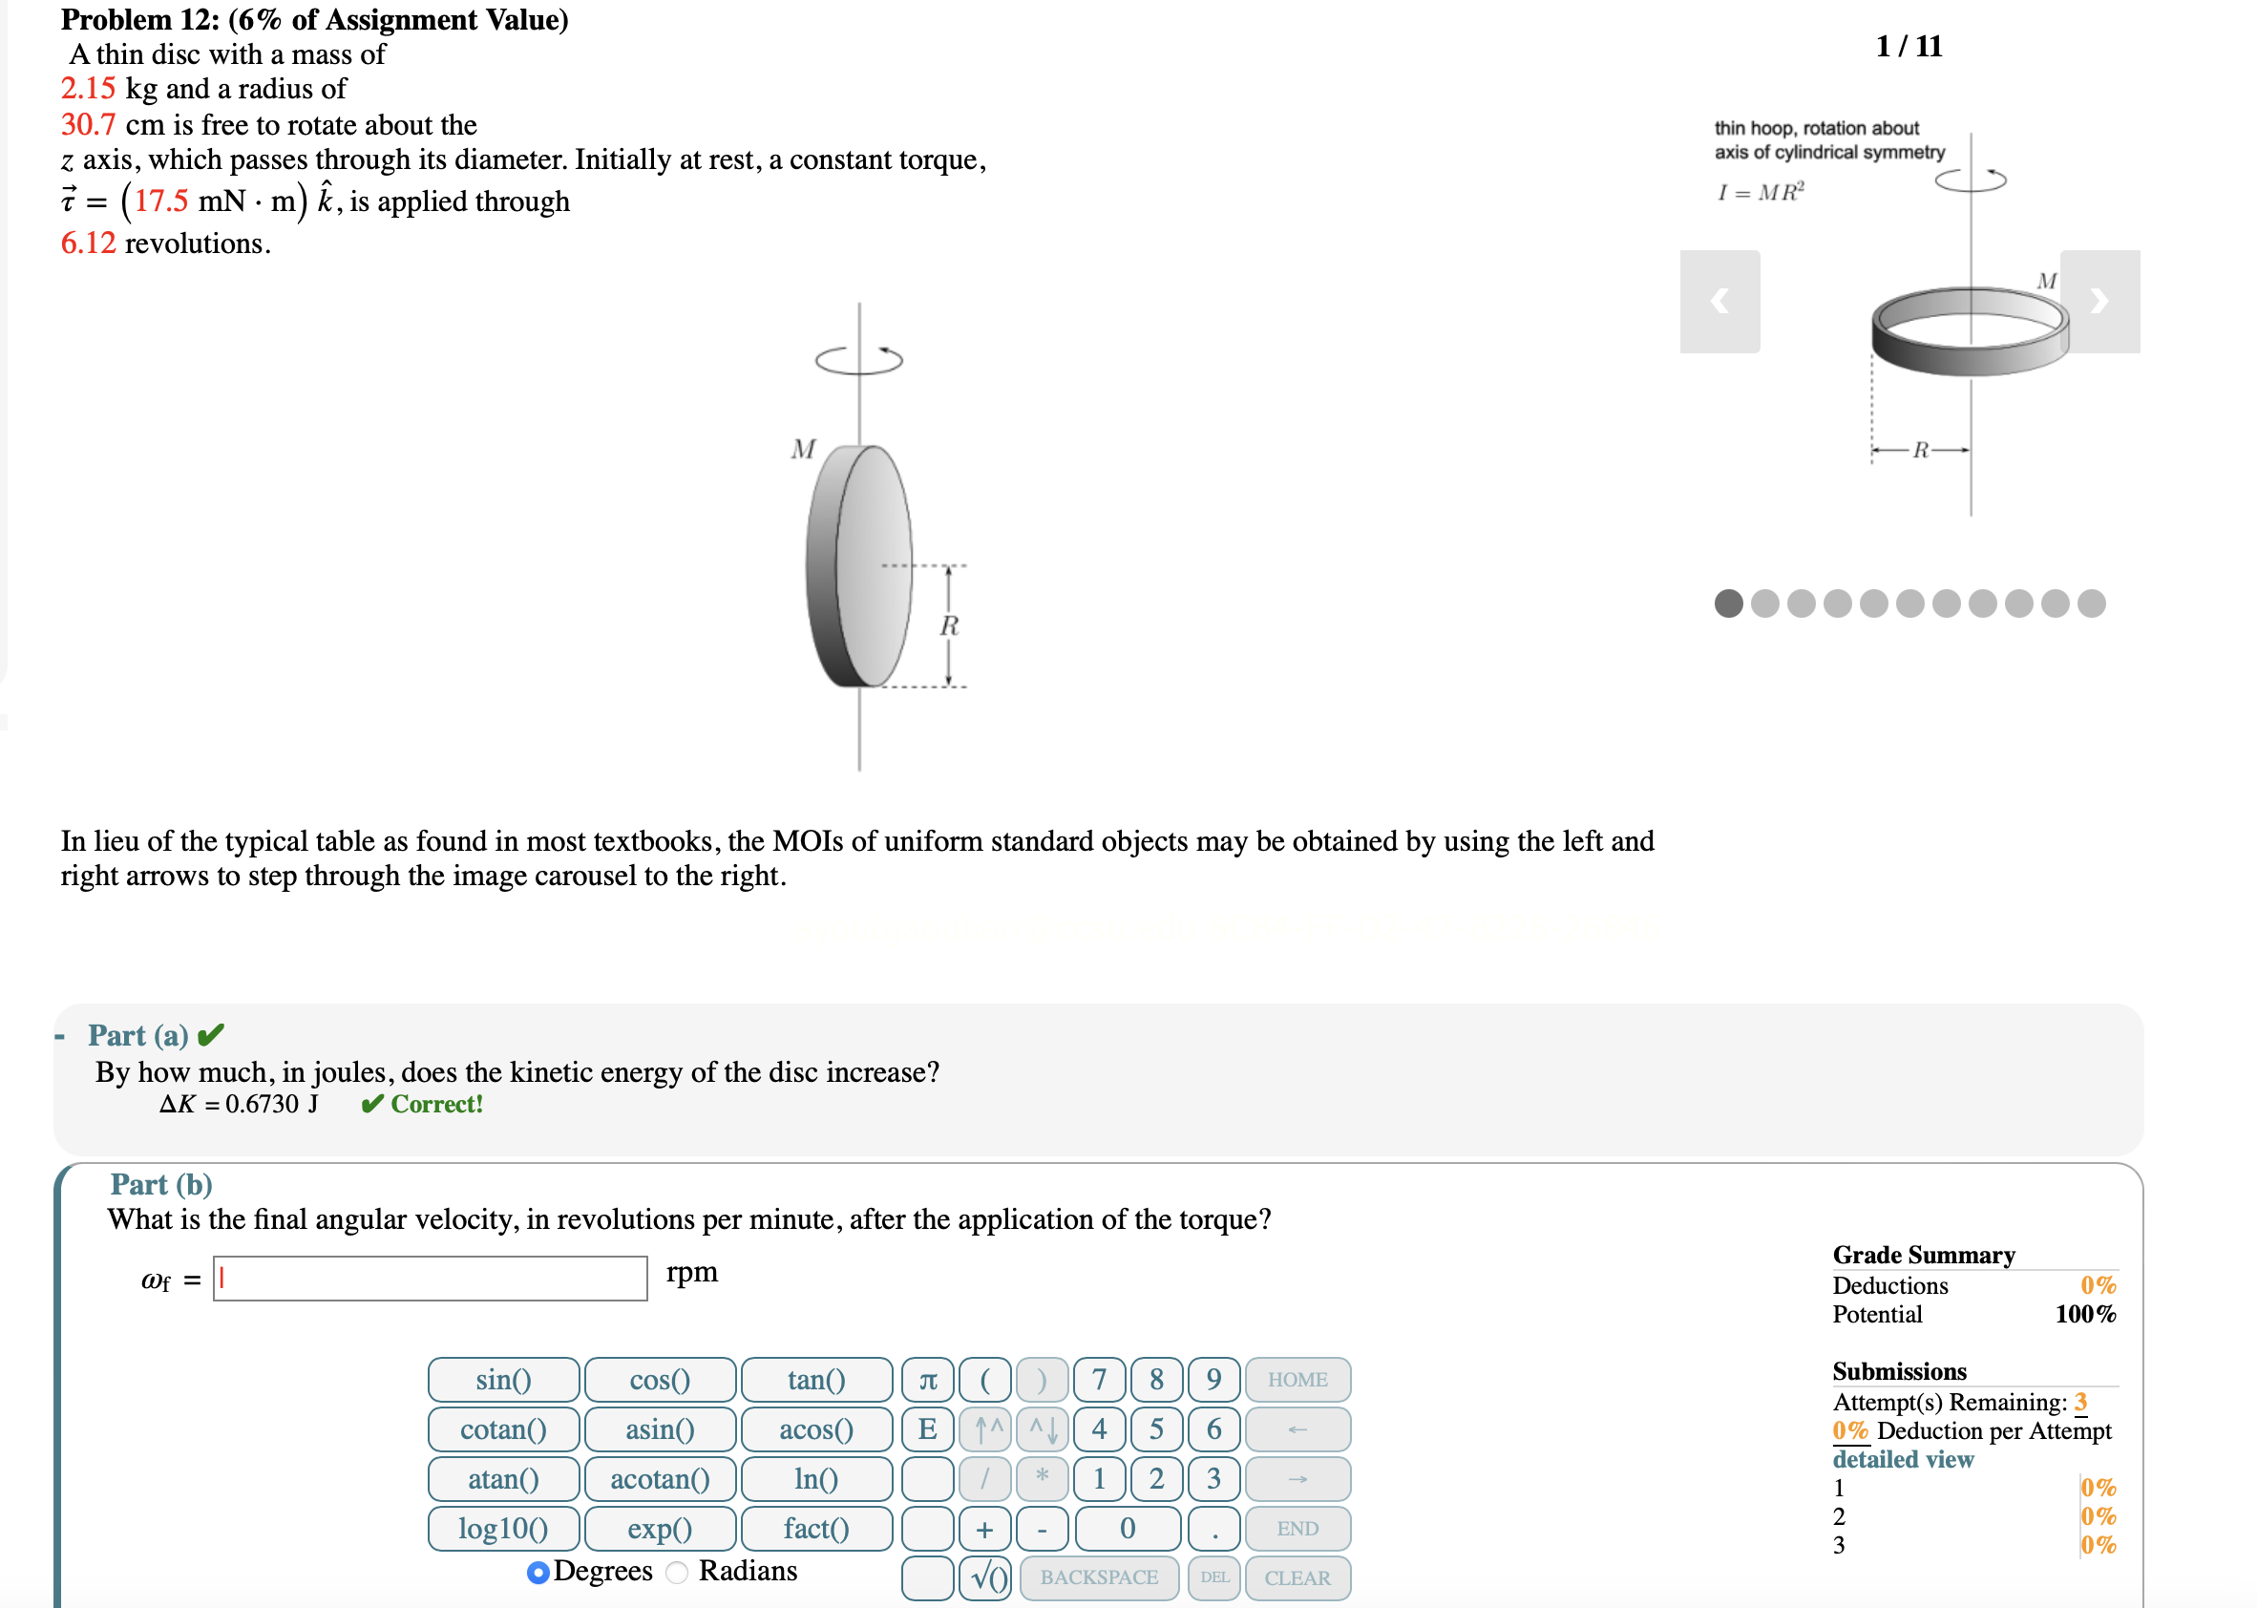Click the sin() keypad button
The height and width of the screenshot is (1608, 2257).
pos(503,1379)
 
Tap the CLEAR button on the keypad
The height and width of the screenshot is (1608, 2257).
pos(1297,1577)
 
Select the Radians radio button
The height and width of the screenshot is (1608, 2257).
pos(677,1572)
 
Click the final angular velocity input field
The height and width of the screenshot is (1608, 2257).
pos(430,1279)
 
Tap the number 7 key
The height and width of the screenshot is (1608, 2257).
pos(1098,1379)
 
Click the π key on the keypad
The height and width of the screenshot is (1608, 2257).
pos(928,1379)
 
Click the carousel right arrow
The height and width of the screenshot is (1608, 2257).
pos(2099,301)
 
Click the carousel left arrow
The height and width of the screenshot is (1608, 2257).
pos(1719,301)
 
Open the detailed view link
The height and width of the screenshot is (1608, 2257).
pos(1902,1458)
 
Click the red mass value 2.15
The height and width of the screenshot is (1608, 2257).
pos(88,88)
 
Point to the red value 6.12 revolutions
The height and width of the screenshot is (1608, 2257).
pos(88,243)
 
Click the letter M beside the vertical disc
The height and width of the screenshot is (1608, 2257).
pos(803,450)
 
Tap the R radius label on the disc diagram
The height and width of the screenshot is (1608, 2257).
pos(948,625)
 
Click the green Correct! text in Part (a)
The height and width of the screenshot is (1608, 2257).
pos(435,1104)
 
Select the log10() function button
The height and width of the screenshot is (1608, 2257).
pos(503,1528)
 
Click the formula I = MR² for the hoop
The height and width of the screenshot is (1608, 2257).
pos(1761,192)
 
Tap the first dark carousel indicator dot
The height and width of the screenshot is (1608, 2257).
pos(1728,603)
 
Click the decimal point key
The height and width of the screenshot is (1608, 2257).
pos(1213,1528)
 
